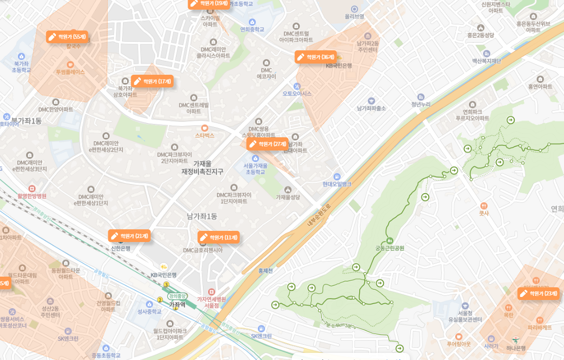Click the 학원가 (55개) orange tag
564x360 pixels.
coord(67,37)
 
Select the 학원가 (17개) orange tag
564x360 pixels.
coord(152,81)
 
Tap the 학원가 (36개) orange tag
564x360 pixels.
coord(316,57)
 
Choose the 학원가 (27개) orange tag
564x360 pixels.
coord(268,144)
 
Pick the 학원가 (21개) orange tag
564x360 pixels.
coord(129,236)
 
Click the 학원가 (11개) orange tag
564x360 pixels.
coord(219,237)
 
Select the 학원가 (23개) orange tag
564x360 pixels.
coord(539,293)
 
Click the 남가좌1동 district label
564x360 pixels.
coord(202,216)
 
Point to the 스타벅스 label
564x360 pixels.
coord(205,135)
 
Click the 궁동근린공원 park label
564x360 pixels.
coord(390,248)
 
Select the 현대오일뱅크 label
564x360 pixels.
coord(337,184)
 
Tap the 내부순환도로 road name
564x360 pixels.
coord(319,215)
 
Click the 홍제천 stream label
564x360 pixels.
coord(265,271)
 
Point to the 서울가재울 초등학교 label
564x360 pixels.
coord(255,169)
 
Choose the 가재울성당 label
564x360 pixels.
coord(288,197)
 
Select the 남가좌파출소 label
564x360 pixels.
coord(371,108)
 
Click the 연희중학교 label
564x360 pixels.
coord(252,29)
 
